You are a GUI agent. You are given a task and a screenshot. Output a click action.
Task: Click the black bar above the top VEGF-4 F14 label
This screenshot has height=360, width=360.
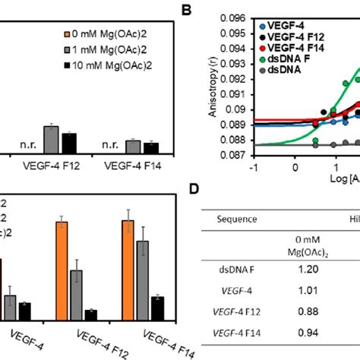point(151,147)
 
